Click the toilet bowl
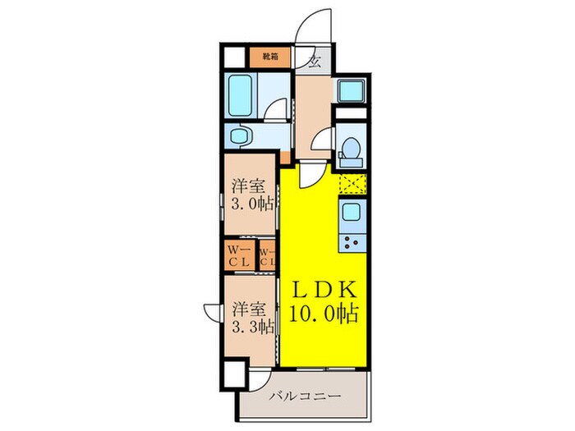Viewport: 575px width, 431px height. click(x=350, y=149)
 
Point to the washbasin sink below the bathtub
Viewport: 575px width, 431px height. click(x=240, y=135)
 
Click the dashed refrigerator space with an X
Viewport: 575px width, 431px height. click(x=351, y=183)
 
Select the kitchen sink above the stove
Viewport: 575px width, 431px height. click(x=351, y=213)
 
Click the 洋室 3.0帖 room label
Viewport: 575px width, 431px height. click(x=249, y=194)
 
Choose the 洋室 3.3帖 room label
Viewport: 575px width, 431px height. click(x=251, y=318)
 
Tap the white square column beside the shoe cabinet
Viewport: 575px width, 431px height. click(x=235, y=57)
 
